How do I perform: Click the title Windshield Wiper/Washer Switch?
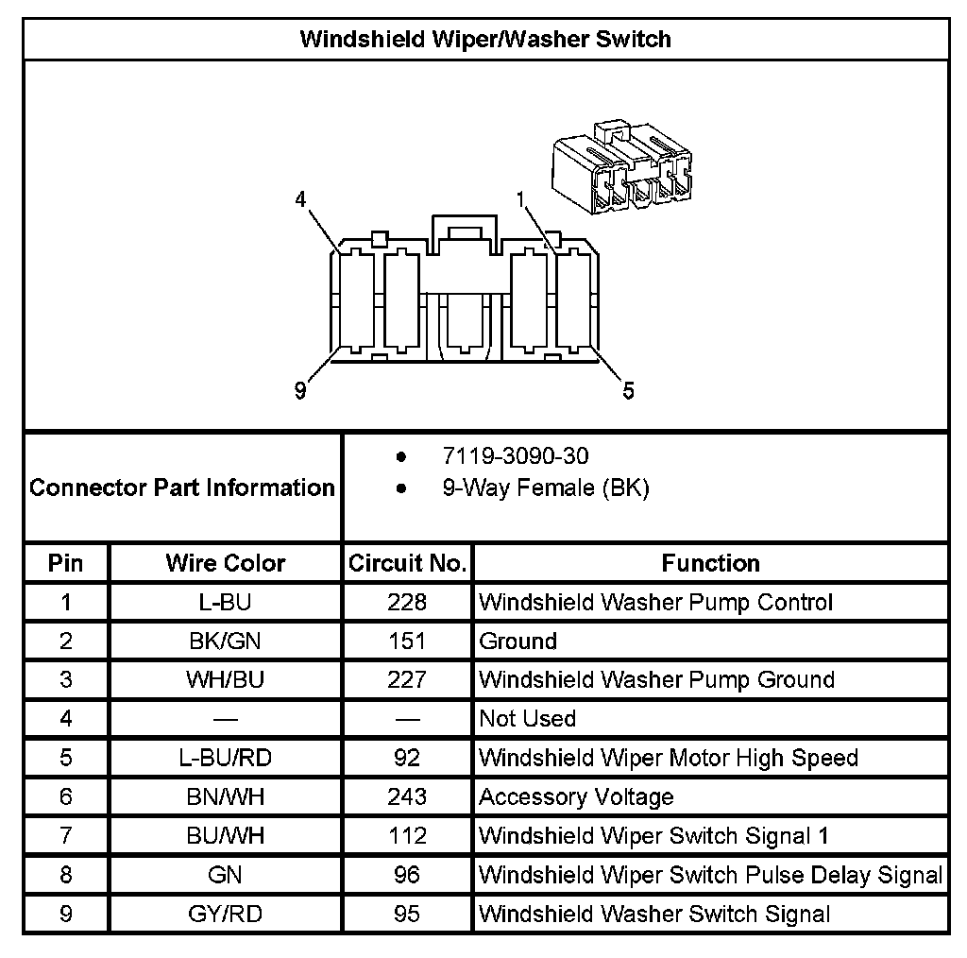tap(485, 39)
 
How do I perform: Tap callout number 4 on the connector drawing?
tap(300, 199)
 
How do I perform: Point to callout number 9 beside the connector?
tap(300, 389)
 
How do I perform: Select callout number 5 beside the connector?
tap(628, 389)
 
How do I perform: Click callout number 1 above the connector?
tap(520, 199)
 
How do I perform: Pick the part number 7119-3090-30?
tap(515, 456)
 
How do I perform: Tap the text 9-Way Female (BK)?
tap(545, 488)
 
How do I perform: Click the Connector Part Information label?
tap(182, 488)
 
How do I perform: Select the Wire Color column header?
tap(225, 563)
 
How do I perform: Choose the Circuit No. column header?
tap(407, 563)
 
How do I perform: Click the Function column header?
tap(710, 563)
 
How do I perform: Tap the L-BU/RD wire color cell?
tap(225, 758)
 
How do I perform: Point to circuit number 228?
tap(407, 602)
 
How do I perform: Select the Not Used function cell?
tap(527, 719)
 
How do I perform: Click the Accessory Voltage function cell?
tap(576, 797)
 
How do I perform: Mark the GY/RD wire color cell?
tap(225, 914)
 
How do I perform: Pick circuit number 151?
tap(407, 642)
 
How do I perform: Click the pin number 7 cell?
tap(65, 836)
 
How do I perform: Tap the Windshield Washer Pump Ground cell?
tap(656, 680)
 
